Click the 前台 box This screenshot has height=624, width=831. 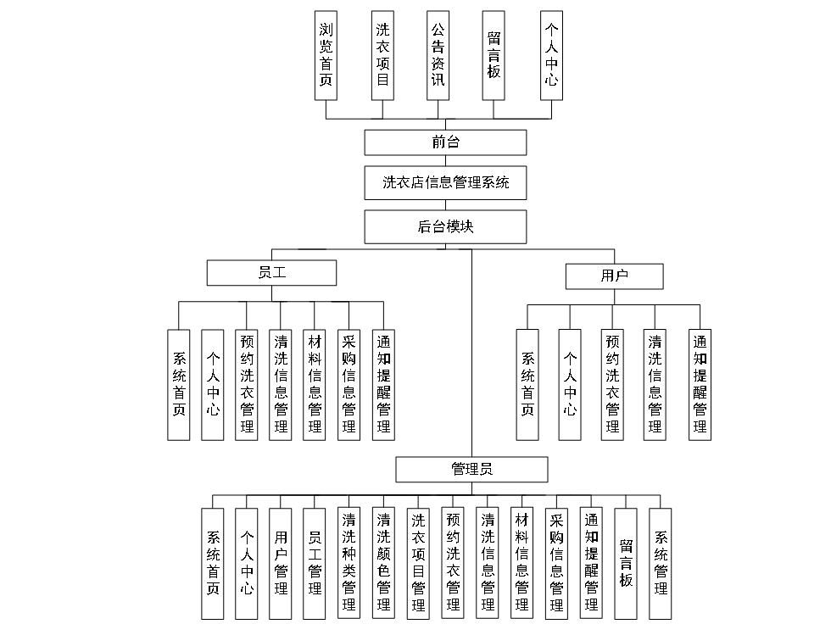click(445, 142)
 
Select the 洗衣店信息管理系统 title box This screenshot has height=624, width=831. click(445, 182)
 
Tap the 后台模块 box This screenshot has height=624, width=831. click(445, 227)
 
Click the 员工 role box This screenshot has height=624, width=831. click(271, 273)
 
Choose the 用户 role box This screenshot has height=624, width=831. click(614, 276)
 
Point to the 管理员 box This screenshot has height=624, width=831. click(471, 469)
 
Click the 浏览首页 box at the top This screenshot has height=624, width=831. click(326, 55)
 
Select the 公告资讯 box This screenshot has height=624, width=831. click(438, 55)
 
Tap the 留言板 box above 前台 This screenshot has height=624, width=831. click(494, 55)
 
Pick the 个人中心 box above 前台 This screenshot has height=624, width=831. click(551, 55)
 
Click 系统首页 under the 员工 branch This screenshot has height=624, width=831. click(179, 385)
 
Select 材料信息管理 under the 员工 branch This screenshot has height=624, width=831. click(315, 385)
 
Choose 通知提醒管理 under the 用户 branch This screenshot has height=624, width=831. click(700, 385)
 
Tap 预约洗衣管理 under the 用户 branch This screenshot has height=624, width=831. click(612, 385)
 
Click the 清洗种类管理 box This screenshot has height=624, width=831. click(349, 562)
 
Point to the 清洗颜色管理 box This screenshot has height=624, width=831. click(383, 562)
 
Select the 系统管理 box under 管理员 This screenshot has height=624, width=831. click(661, 562)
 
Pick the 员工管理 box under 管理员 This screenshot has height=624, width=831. click(315, 562)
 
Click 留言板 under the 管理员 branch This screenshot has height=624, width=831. click(626, 562)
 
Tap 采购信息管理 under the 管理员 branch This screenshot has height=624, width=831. click(557, 562)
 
